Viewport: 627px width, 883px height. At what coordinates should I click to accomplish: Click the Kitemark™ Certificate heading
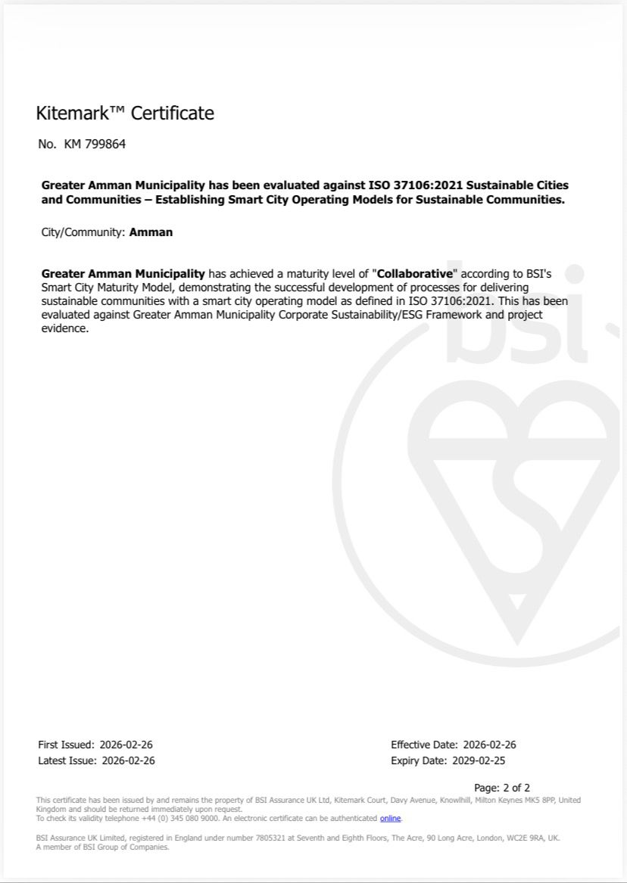point(125,113)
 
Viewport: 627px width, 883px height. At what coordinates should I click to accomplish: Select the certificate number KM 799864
point(95,144)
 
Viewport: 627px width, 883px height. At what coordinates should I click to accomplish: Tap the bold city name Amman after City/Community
point(151,232)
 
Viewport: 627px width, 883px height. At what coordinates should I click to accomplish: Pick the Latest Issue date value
point(128,760)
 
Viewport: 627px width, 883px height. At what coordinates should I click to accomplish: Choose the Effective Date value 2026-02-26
point(489,745)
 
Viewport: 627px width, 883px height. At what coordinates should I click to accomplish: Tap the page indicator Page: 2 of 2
point(502,788)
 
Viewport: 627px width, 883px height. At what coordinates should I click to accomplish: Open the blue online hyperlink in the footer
point(390,819)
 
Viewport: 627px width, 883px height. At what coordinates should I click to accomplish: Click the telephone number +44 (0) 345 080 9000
point(176,819)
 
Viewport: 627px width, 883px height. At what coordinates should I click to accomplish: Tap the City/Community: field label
point(83,232)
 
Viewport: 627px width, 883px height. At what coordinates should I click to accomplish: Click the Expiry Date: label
point(420,760)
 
